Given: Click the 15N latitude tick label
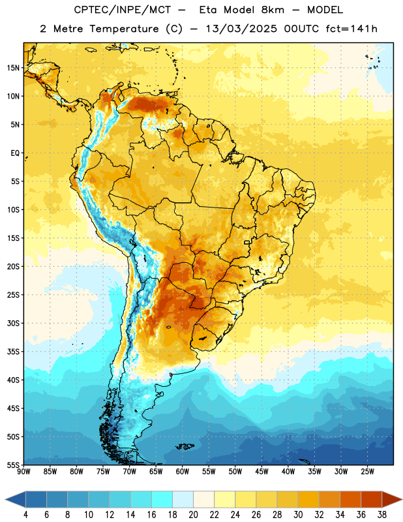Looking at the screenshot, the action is click(13, 68).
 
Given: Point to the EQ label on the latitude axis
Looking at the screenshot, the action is click(15, 153).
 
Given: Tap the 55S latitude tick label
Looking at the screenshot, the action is click(13, 465).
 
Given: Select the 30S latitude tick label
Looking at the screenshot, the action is click(13, 323).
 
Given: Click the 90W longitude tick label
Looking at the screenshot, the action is click(23, 472).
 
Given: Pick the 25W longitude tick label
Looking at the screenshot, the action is click(367, 472).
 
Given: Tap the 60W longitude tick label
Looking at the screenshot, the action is click(183, 472).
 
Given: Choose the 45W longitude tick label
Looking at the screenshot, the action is click(261, 472).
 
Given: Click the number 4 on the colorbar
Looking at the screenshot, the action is click(25, 515).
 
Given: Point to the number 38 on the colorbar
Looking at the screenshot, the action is click(382, 515).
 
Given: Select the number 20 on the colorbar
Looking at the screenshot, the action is click(193, 515).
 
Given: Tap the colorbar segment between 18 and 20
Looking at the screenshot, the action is click(183, 499).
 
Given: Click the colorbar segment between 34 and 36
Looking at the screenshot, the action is click(350, 499).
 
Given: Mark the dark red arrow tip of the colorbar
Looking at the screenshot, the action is click(402, 499).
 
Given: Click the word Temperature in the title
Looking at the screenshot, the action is click(124, 29).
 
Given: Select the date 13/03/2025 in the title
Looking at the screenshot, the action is click(241, 29).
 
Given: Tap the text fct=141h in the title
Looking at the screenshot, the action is click(351, 29).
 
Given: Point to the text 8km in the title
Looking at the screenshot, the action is click(273, 10).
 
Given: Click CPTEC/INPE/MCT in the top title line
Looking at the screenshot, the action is click(123, 10).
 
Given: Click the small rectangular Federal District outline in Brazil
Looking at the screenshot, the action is click(247, 242).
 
